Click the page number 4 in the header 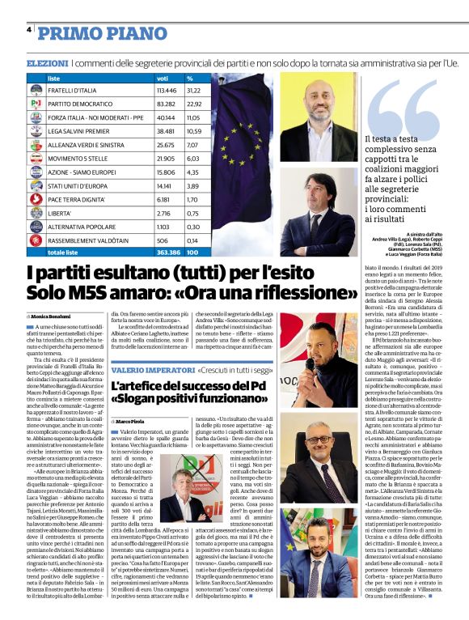(29, 29)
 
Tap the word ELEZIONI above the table (47, 63)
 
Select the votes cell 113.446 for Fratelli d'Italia (167, 91)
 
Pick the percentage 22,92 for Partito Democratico (195, 104)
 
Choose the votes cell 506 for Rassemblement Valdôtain (163, 240)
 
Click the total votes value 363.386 (168, 253)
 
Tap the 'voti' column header (162, 79)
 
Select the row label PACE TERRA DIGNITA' (76, 197)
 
